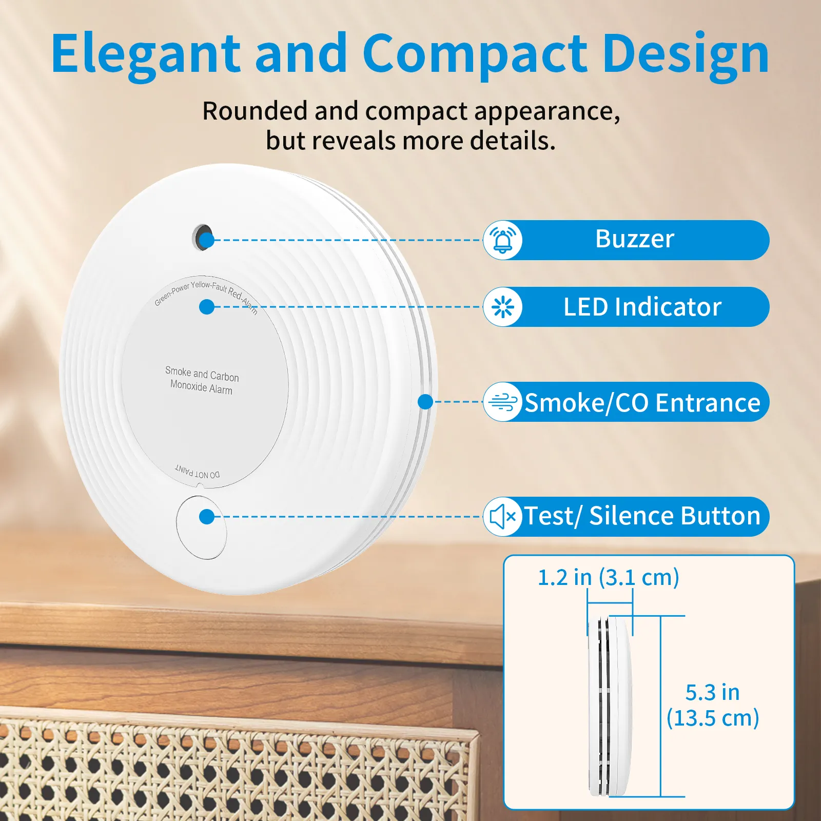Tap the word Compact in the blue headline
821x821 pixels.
pos(475,54)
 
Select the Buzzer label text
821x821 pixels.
pos(634,239)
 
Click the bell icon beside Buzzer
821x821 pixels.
pos(503,240)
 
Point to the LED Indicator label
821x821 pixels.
pos(642,307)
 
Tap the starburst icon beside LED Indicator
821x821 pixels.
pos(503,307)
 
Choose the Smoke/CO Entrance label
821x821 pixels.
pos(642,403)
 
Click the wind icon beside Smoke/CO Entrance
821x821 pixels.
pos(503,402)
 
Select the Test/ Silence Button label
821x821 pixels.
pos(641,516)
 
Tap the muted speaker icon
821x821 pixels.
pos(503,517)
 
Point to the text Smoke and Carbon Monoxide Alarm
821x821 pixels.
pos(202,380)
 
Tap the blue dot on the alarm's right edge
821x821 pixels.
pos(425,402)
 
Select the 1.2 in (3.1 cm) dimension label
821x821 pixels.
pos(608,577)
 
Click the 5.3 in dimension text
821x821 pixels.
pos(712,693)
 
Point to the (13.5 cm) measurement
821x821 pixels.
pos(712,718)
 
